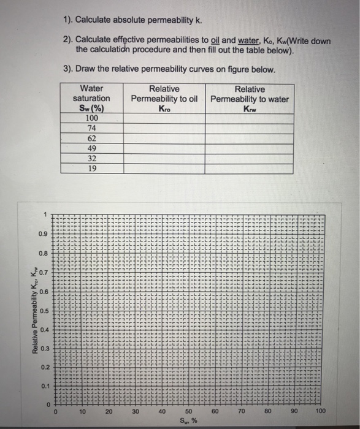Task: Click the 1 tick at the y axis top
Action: tap(45, 214)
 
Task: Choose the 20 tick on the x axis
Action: tap(109, 412)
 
